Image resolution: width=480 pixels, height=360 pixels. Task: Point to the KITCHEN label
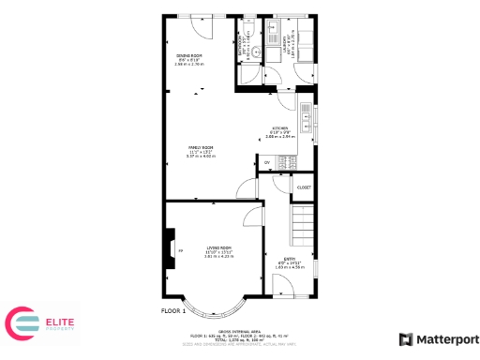coord(280,128)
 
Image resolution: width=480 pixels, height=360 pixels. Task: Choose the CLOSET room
coord(303,187)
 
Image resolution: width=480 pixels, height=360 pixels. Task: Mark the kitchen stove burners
coord(287,162)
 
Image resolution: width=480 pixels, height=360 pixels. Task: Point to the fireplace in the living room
coord(169,247)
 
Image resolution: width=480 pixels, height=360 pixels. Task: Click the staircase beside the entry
coord(302,226)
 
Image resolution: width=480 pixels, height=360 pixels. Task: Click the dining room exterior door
coord(202,22)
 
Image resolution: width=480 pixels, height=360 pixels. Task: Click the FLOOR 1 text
coord(173,310)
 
